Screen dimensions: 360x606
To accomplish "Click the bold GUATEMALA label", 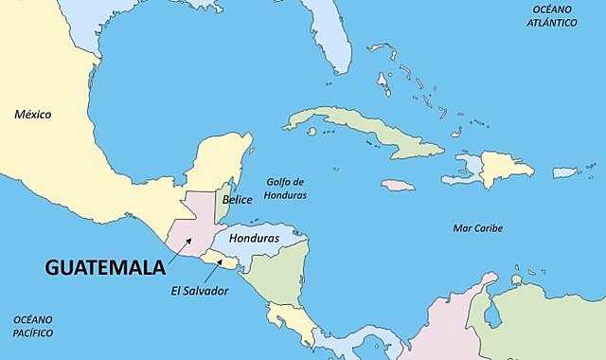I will click(x=105, y=268).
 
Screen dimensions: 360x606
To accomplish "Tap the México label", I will click(x=32, y=115).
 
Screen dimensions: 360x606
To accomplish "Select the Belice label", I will click(x=238, y=201).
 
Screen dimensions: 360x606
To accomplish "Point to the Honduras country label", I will click(x=255, y=239).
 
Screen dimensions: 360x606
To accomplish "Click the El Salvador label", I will click(x=200, y=291).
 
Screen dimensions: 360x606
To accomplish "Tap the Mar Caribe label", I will click(x=477, y=228).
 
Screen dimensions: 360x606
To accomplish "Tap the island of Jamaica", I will click(x=398, y=185).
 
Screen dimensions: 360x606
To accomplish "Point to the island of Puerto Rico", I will click(x=565, y=172).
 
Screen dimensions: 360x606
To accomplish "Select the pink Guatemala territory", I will click(x=194, y=223).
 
